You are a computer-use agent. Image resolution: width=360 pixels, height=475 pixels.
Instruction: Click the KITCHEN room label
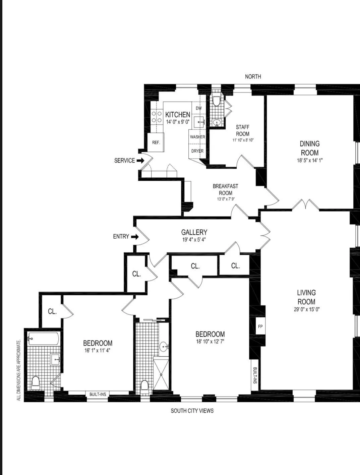(178, 115)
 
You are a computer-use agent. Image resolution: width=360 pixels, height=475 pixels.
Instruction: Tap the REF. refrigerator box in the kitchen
(156, 142)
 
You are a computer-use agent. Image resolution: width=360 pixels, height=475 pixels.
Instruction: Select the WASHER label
(197, 137)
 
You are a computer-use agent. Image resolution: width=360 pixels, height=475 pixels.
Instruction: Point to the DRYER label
(197, 151)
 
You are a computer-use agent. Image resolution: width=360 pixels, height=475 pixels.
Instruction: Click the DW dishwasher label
(199, 108)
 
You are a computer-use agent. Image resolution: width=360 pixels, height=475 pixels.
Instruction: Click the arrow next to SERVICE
(140, 161)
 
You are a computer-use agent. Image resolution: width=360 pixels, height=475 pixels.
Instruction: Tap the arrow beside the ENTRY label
(135, 237)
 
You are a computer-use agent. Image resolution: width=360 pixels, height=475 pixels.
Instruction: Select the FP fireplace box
(260, 326)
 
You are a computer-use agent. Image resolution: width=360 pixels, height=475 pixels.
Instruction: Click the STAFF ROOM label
(243, 130)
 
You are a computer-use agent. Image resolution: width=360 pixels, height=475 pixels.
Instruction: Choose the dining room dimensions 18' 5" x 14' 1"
(309, 160)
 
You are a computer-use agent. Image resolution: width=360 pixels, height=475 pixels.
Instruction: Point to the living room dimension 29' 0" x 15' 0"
(306, 309)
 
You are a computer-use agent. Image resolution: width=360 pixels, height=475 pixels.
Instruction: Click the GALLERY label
(194, 232)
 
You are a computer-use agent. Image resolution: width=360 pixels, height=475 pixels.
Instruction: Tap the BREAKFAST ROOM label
(225, 189)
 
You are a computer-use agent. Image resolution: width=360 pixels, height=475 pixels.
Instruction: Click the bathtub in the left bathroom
(44, 339)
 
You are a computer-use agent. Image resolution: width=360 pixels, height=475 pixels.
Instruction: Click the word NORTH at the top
(253, 76)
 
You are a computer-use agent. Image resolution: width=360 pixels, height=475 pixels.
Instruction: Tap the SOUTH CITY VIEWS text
(192, 411)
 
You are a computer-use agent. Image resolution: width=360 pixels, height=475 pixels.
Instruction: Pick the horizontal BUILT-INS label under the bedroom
(98, 394)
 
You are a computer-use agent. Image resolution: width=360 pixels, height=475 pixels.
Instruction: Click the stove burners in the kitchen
(157, 117)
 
